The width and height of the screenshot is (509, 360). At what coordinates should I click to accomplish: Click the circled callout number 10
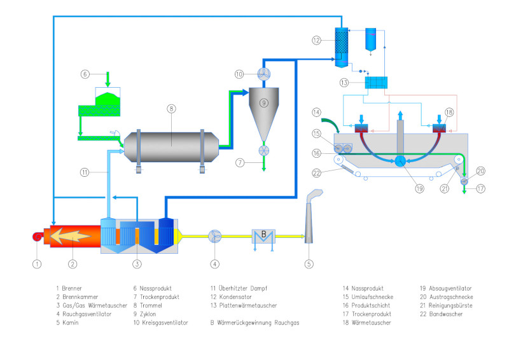click(239, 74)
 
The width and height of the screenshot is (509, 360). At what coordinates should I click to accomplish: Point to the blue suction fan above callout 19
click(401, 162)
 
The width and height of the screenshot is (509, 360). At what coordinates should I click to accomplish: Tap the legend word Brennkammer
click(80, 296)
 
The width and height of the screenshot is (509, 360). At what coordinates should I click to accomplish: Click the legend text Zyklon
click(144, 314)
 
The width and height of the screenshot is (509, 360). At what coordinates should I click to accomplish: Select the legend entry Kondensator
click(234, 296)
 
